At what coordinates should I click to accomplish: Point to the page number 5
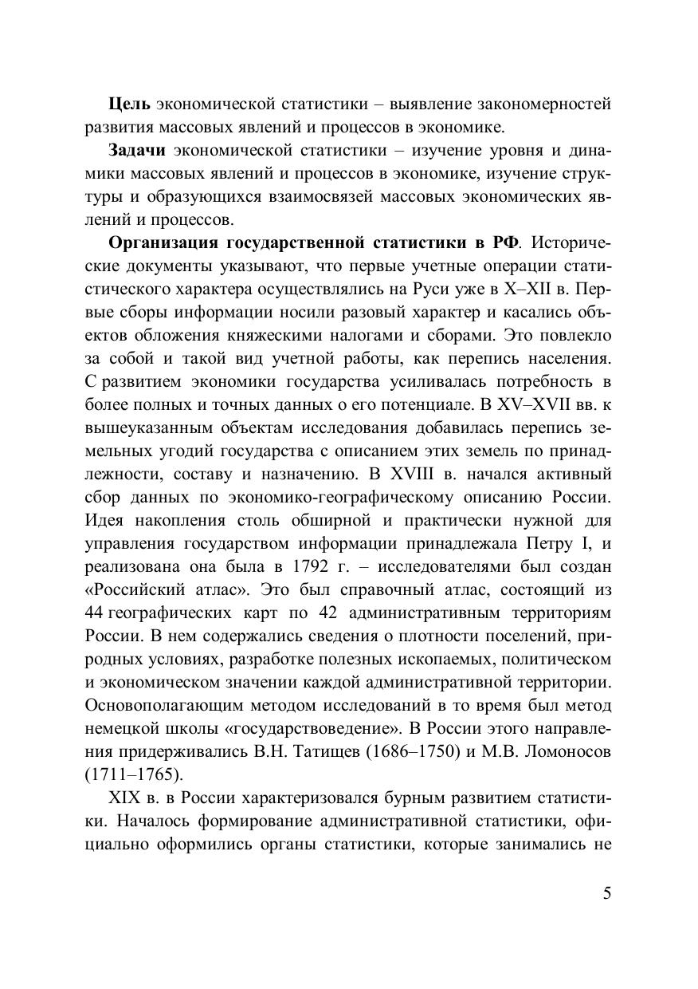coord(607,892)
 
